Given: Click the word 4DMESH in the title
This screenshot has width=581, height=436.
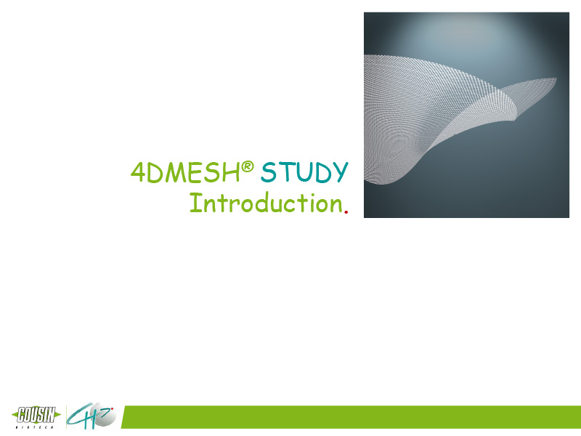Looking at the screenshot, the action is point(185,172).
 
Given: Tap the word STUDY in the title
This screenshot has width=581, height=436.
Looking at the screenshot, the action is point(304,172).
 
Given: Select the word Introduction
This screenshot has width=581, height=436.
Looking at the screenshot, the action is point(266,203).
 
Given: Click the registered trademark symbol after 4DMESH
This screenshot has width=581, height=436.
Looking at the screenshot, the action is point(248,166).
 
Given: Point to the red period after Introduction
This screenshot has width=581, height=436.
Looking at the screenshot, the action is point(346,211).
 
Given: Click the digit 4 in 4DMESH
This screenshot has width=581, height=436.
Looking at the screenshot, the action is point(138,172).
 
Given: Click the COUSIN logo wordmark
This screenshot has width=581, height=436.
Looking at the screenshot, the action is point(36,415).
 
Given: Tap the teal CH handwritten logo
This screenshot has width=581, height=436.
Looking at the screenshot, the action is point(87,416).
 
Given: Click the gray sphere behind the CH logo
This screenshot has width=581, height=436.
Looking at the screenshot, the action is point(103,415).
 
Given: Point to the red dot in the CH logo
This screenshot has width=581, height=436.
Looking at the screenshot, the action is point(112,409).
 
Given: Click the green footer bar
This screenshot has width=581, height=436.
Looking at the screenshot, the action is point(352,417).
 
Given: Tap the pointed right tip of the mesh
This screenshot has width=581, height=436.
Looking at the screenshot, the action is point(556,78).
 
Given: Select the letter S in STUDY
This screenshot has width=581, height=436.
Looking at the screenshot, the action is point(269,172).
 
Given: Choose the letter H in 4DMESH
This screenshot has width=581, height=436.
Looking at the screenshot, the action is point(232,173).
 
